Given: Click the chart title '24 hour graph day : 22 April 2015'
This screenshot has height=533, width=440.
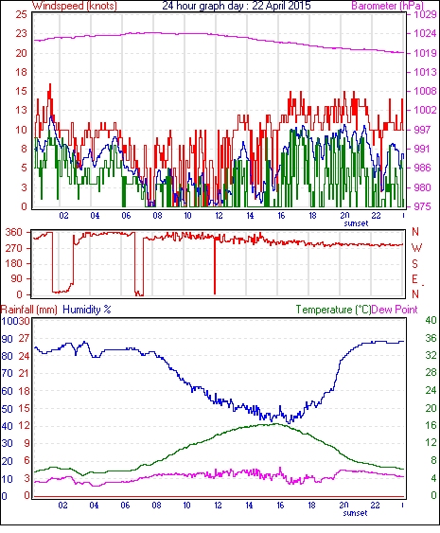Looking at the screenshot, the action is click(237, 6).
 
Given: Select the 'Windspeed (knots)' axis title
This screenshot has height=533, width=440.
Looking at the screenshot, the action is click(75, 6).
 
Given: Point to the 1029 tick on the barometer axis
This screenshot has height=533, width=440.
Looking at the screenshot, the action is click(425, 14).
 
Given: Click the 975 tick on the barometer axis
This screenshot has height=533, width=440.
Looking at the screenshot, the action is click(422, 206).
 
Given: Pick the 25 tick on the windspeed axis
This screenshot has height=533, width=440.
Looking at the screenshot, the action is click(21, 14).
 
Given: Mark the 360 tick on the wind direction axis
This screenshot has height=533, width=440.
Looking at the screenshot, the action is click(14, 233).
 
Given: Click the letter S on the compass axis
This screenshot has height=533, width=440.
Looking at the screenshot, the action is click(415, 263).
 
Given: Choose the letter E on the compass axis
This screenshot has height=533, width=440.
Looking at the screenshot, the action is click(414, 279).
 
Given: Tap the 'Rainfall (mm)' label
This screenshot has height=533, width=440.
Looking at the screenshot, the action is click(29, 310).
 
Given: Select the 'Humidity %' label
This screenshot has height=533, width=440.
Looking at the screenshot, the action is click(87, 310).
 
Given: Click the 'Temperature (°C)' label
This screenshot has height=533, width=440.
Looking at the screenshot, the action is click(333, 310).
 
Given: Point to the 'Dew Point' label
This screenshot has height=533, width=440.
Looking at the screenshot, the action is click(395, 310).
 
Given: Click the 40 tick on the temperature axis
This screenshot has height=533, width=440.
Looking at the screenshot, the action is click(431, 320).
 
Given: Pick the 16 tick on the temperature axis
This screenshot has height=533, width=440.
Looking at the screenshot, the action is click(431, 425).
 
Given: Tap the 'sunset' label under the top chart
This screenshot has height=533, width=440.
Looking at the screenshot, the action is click(356, 223).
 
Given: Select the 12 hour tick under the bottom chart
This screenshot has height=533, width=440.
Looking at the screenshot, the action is click(218, 506).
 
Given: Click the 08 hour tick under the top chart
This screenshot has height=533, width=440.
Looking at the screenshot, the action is click(157, 216).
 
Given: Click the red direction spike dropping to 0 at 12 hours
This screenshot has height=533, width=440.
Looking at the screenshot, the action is click(215, 266).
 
